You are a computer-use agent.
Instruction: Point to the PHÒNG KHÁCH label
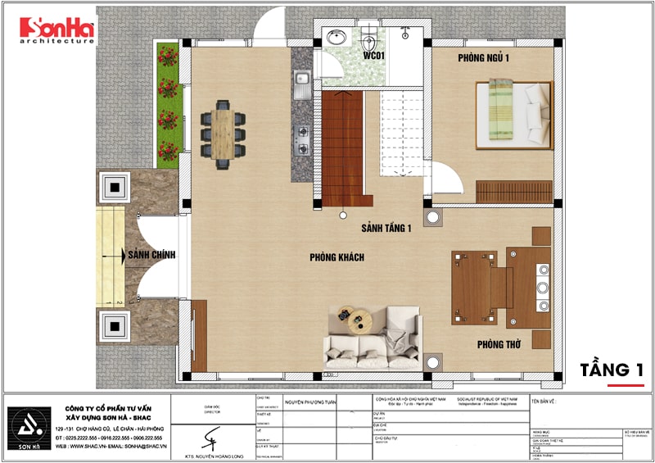(x=337, y=257)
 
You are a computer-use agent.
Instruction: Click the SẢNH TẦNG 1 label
(x=386, y=229)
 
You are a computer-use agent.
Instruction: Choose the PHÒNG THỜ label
(x=499, y=345)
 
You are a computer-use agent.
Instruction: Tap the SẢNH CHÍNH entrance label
(x=151, y=256)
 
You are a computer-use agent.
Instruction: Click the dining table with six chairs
(x=224, y=134)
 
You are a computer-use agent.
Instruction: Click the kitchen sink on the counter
(x=301, y=80)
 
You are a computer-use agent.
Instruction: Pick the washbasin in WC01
(x=335, y=38)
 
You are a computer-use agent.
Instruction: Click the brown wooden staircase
(x=341, y=148)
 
